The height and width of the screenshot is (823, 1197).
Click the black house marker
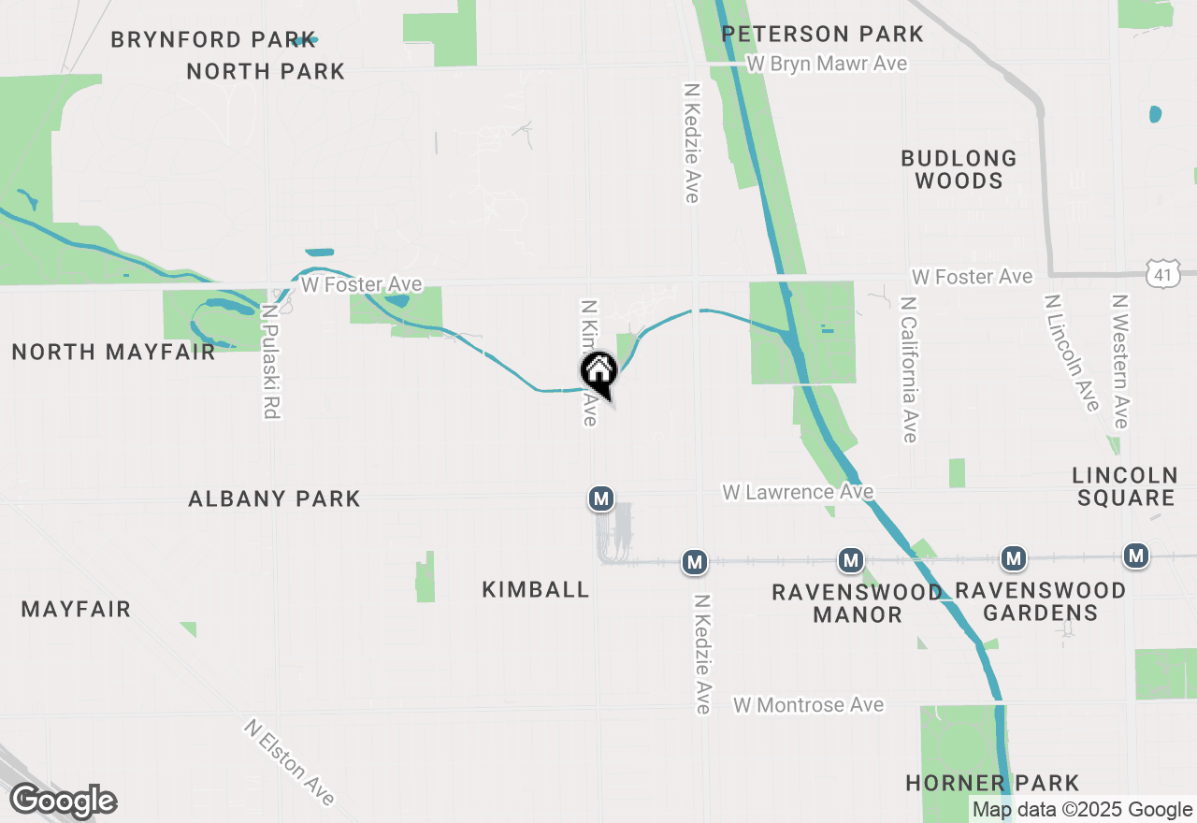click(x=598, y=371)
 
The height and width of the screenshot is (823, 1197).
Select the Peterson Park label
click(x=823, y=35)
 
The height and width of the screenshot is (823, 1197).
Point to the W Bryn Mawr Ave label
click(x=828, y=64)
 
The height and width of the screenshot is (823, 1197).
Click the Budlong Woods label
click(x=959, y=169)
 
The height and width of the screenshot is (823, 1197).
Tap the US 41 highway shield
click(x=1161, y=274)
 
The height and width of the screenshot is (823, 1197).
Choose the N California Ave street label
click(x=908, y=369)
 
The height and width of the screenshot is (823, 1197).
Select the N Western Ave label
click(x=1120, y=361)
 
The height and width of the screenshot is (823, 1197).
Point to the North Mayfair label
click(x=113, y=352)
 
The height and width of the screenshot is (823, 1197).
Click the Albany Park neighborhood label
click(x=274, y=498)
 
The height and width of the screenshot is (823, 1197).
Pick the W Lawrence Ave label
click(x=798, y=492)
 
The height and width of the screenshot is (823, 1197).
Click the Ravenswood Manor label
click(x=857, y=603)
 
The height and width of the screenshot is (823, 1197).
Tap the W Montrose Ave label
click(x=809, y=705)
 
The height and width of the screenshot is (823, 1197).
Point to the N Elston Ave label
click(x=290, y=762)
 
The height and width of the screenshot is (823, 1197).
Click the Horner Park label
click(x=992, y=783)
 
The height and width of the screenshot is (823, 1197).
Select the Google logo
click(x=64, y=801)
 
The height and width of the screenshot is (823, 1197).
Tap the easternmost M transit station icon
click(x=1136, y=556)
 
